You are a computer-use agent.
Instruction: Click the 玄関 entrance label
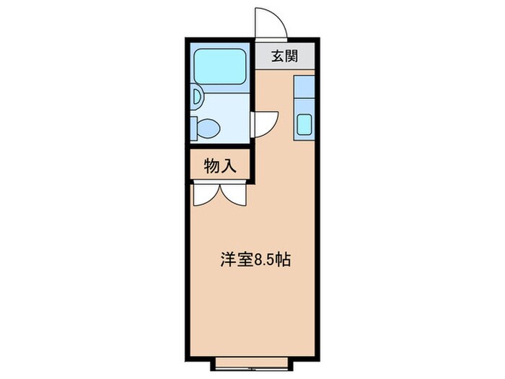click(285, 58)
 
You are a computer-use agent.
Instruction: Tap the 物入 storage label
click(220, 166)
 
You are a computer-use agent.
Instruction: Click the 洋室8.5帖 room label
click(255, 261)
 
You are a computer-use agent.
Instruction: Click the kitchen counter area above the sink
click(304, 92)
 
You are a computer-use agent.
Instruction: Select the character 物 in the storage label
click(212, 166)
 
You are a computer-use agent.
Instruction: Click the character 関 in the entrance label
click(292, 58)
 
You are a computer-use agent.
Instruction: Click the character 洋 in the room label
click(227, 261)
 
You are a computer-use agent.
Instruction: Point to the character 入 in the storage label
click(229, 166)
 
